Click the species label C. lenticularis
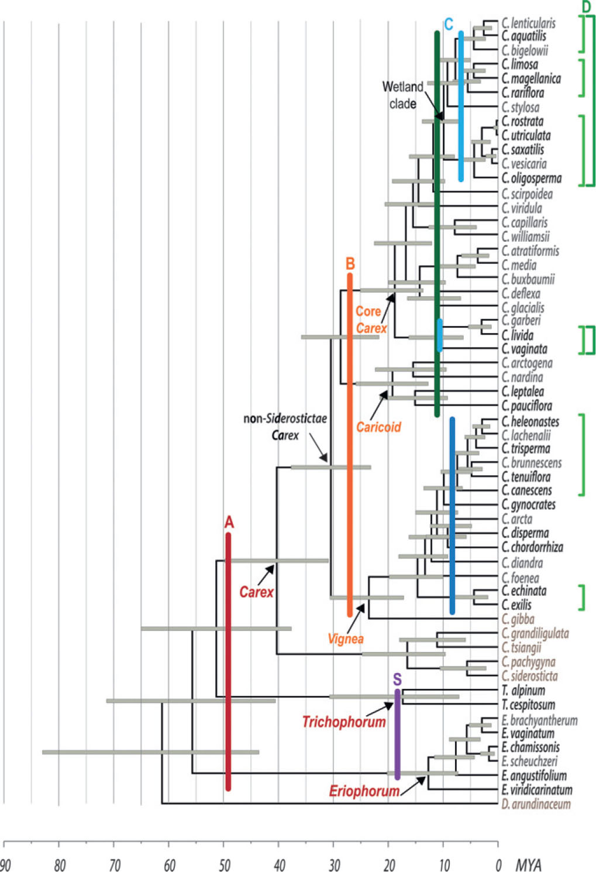(529, 23)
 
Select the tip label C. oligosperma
(532, 178)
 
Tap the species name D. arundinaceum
(536, 804)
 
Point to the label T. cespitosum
(528, 705)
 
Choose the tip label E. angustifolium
(534, 775)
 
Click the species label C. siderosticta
(529, 676)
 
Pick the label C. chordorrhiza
(532, 547)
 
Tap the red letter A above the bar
(229, 522)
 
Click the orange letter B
(350, 263)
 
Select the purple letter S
(397, 679)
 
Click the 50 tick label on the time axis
(225, 865)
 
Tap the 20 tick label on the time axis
(390, 865)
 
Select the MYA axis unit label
(528, 865)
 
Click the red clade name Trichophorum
(344, 722)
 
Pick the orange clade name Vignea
(346, 638)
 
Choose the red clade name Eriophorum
(364, 791)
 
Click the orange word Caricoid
(378, 427)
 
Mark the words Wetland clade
(402, 95)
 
